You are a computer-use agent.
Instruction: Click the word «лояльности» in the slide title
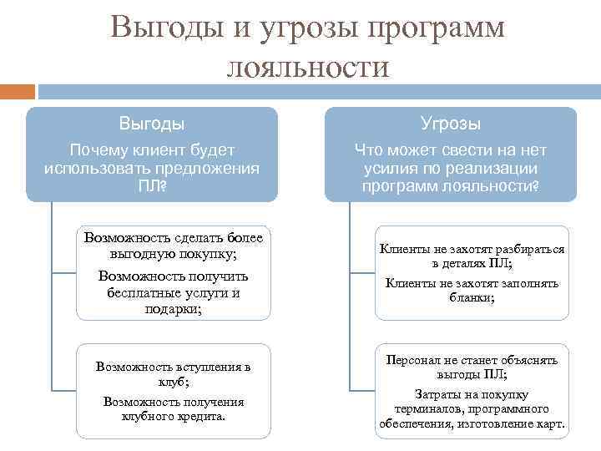click(308, 65)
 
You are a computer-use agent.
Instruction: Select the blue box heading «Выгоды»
click(151, 124)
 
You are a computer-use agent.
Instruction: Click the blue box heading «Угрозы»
click(451, 124)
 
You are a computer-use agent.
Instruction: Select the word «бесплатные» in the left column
click(142, 292)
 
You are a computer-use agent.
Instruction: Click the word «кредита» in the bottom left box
click(197, 415)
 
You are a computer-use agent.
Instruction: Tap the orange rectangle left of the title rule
click(18, 92)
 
